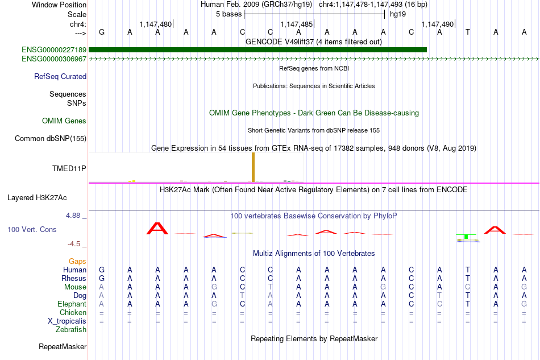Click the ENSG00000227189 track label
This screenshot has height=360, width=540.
coord(54,50)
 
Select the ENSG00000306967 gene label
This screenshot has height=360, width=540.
coord(54,59)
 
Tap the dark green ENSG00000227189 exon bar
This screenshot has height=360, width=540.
coord(257,50)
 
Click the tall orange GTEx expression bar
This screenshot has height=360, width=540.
coord(253,167)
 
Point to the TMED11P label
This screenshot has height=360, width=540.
coord(69,168)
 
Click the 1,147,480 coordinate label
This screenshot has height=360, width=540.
coord(155,24)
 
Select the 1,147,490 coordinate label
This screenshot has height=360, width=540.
coord(437,24)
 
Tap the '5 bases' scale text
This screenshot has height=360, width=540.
coord(229,14)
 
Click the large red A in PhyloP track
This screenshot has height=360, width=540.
coord(157,229)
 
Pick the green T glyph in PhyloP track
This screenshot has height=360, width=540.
coord(466,237)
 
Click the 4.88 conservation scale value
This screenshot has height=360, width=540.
coord(73,216)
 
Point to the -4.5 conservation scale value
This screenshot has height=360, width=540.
coord(74,244)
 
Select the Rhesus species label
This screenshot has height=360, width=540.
coord(74,278)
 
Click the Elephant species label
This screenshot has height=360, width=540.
coord(72,304)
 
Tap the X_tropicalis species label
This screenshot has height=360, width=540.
coord(67,321)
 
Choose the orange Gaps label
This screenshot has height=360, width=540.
coord(77,261)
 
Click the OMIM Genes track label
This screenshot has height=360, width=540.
coord(64,121)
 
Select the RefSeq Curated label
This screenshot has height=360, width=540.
coord(60,76)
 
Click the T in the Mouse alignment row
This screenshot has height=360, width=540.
coord(271,287)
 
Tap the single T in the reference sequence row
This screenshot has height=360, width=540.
coord(467,32)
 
